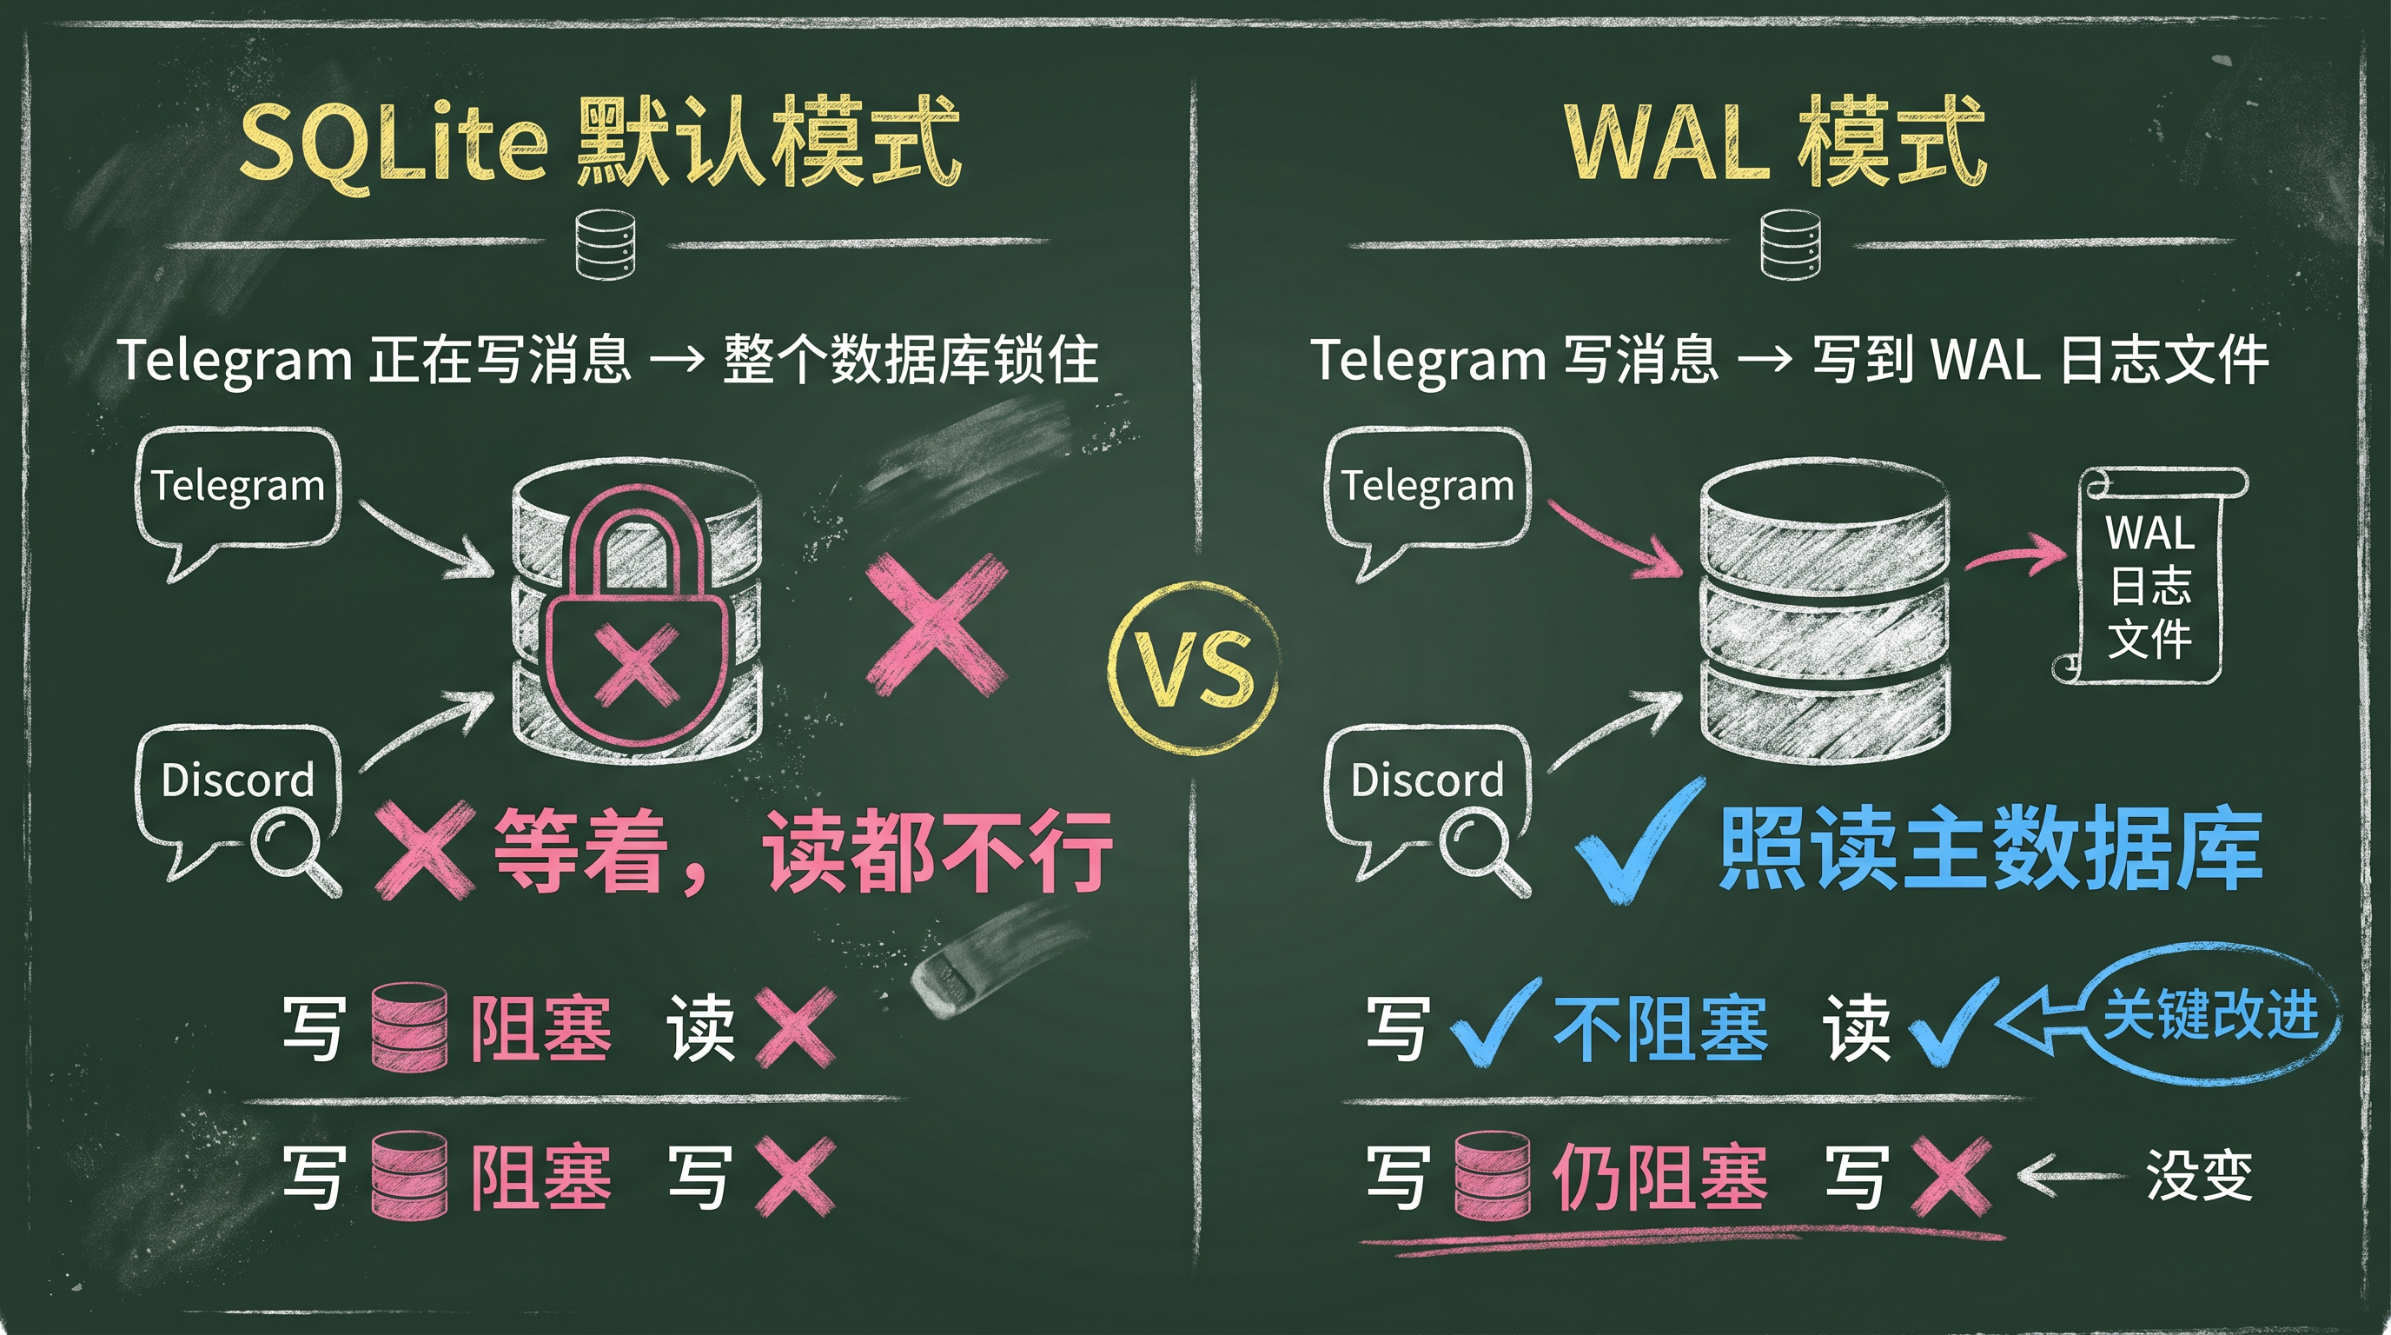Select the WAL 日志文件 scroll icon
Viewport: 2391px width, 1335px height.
click(x=2149, y=575)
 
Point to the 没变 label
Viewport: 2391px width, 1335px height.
click(x=2199, y=1175)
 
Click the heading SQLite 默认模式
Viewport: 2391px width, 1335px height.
click(x=599, y=145)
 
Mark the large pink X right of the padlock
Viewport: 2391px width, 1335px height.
click(x=936, y=624)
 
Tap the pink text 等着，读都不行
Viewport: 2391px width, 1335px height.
click(x=803, y=850)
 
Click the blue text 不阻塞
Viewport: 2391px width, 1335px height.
click(x=1660, y=1029)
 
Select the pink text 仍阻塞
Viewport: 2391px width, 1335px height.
click(x=1660, y=1177)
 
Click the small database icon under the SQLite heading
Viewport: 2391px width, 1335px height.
click(x=606, y=243)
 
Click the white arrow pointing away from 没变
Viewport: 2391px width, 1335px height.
click(x=2071, y=1176)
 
